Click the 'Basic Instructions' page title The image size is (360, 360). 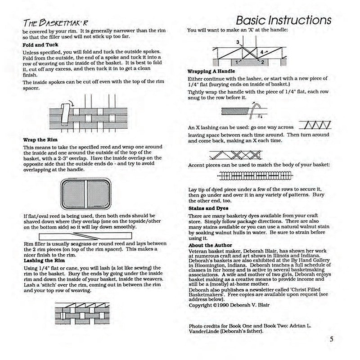point(283,20)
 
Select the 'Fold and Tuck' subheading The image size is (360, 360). point(40,45)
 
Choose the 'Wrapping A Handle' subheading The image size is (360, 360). point(211,72)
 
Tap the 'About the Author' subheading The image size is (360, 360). point(208,245)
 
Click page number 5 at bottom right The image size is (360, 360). point(331,340)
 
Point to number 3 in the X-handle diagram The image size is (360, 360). point(237,42)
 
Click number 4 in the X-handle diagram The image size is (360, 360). point(262,52)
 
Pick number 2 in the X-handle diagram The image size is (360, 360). point(262,61)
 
